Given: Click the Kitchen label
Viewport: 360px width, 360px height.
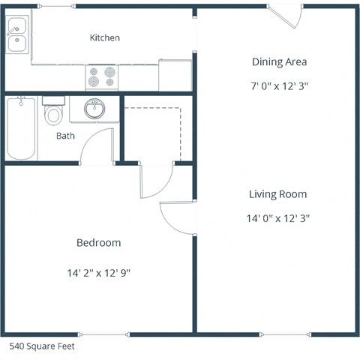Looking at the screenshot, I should point(104,37).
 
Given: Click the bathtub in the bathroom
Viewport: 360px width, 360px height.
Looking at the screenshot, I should point(21,129).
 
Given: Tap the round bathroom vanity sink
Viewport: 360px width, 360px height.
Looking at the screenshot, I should point(94,109).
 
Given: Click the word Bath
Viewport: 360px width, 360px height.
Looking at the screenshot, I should point(65,136).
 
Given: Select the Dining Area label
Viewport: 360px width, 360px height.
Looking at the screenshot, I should point(279,62).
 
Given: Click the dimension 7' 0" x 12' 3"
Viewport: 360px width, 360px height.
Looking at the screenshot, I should point(279,85).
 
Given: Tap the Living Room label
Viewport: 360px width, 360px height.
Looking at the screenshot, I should point(277,194).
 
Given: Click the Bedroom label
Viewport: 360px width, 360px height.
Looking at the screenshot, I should point(98,243).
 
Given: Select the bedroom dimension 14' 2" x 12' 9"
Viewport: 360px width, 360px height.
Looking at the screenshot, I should point(98,272).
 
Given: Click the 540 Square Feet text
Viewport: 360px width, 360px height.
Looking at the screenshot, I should point(41,346).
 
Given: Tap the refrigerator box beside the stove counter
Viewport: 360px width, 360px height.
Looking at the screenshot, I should point(175,76).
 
